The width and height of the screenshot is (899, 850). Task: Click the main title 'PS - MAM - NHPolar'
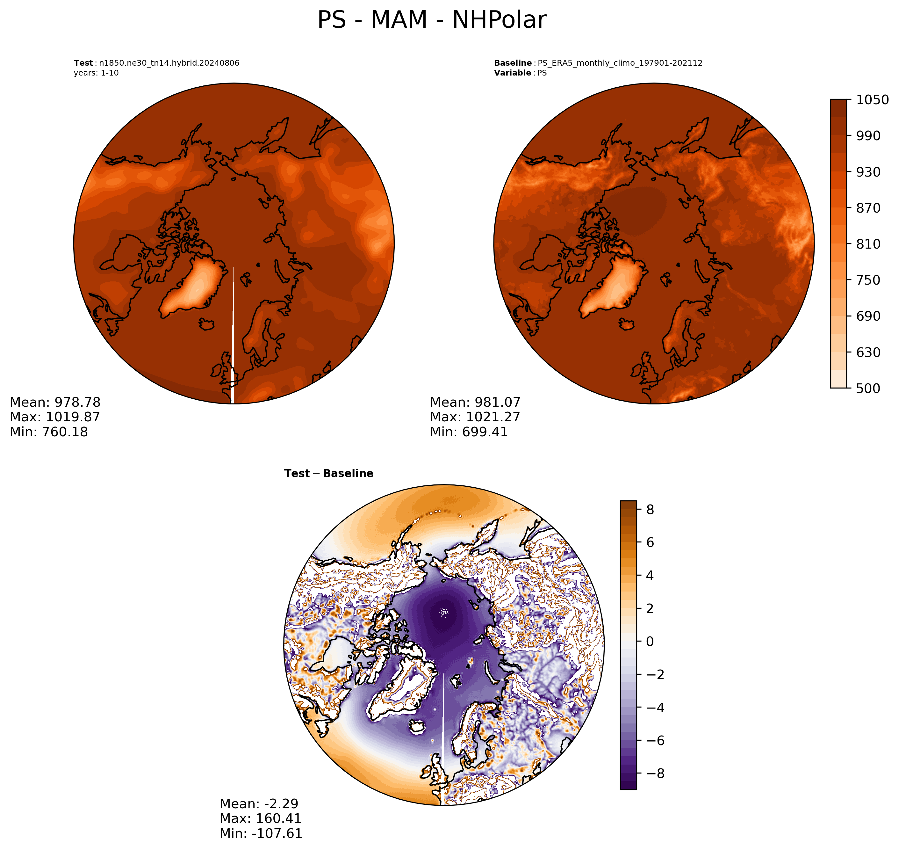432,20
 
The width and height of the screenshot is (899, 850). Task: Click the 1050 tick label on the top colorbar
872,100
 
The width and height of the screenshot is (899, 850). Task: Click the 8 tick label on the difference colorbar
650,510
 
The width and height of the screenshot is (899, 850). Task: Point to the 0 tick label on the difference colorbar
650,642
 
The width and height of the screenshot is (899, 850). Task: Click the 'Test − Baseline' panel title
329,474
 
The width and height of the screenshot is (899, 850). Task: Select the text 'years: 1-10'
96,73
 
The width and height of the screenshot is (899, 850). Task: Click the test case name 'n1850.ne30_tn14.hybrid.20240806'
169,63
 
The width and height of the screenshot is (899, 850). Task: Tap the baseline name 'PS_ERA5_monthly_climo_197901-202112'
620,63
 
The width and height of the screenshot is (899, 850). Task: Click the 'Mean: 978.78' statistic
55,402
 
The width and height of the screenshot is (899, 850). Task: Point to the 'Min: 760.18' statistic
49,432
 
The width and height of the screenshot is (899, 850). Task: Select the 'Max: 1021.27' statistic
475,417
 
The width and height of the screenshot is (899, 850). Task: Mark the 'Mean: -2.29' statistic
259,803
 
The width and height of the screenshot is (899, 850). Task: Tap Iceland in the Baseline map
627,324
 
